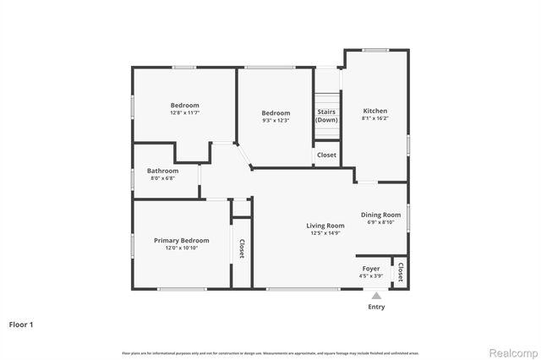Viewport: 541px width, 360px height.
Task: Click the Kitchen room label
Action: click(x=375, y=111)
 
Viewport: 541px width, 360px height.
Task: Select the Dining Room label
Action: click(x=380, y=215)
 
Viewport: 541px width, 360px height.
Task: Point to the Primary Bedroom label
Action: click(x=181, y=241)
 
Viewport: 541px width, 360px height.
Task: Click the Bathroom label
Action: click(x=163, y=171)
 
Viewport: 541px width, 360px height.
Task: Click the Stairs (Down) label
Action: click(x=326, y=116)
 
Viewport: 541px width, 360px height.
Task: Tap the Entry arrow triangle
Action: click(x=376, y=295)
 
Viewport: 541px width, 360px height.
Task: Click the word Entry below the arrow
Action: click(x=376, y=307)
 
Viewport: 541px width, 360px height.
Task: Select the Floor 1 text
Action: click(x=21, y=324)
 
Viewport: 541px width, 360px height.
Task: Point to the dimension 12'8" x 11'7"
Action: click(x=184, y=113)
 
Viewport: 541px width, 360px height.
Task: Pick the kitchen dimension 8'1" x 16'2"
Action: click(x=375, y=119)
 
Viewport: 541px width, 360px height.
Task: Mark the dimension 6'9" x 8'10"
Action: click(x=380, y=223)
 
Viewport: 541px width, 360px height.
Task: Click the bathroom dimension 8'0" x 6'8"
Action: click(x=163, y=179)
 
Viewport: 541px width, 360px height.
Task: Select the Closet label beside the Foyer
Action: click(x=401, y=274)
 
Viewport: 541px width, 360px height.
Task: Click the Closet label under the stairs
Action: click(x=326, y=155)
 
